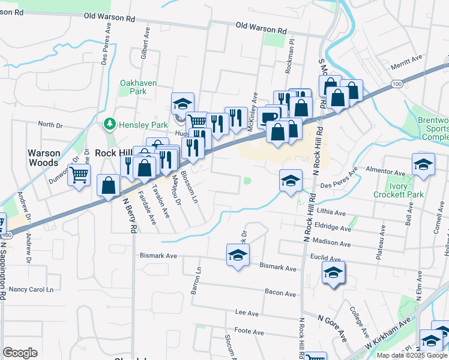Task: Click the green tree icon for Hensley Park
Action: tap(109, 124)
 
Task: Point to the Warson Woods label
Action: tap(44, 157)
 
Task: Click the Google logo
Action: tap(20, 352)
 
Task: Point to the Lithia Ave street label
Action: tap(333, 213)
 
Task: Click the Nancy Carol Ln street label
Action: tap(35, 290)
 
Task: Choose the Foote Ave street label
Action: tap(249, 332)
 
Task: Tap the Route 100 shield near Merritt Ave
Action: tap(397, 85)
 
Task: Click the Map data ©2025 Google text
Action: tap(412, 355)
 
